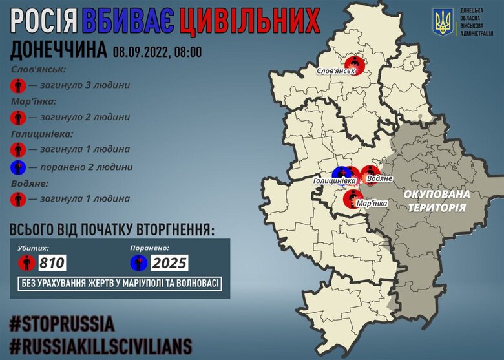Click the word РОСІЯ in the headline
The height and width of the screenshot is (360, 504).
tap(48, 23)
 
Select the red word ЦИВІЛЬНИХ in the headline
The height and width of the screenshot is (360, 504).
tap(249, 23)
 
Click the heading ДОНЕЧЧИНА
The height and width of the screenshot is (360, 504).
tap(59, 51)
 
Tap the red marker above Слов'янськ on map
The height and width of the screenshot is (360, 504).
tap(355, 63)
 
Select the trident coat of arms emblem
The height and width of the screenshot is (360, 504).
tap(443, 23)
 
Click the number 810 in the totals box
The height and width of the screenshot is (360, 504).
tap(52, 262)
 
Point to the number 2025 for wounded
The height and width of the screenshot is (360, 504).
tap(170, 262)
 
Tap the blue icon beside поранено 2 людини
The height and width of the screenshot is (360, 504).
tap(18, 167)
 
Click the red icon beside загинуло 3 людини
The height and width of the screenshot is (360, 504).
tap(18, 84)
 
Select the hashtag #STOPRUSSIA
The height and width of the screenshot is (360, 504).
tap(62, 323)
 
